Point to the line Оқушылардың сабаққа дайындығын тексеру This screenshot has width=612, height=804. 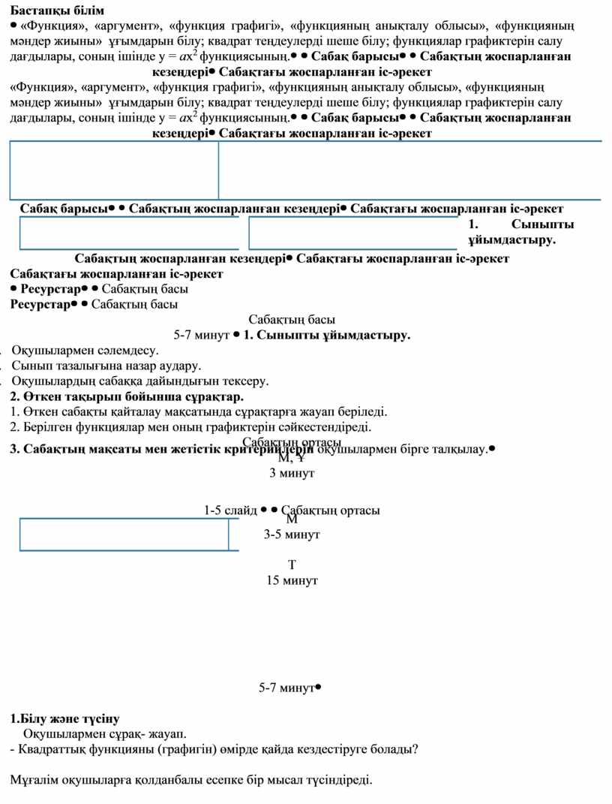(x=139, y=381)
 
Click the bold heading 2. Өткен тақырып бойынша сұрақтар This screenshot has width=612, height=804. (x=127, y=396)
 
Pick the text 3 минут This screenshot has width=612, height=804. (x=292, y=474)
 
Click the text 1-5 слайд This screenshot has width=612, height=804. (x=230, y=510)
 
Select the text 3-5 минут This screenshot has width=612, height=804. (x=292, y=534)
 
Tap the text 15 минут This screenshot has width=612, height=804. (x=292, y=580)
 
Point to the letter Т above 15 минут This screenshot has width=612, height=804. (x=292, y=565)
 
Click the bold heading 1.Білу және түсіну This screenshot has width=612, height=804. (x=64, y=718)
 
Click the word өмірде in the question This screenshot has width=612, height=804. (x=263, y=748)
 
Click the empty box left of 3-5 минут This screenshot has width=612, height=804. (x=124, y=534)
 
